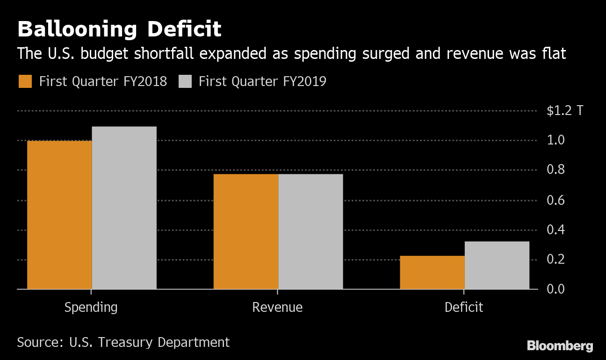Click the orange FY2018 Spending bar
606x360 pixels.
click(59, 215)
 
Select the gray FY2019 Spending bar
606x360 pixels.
click(124, 208)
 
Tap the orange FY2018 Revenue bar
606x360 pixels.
click(246, 231)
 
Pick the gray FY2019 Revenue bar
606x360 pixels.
click(310, 231)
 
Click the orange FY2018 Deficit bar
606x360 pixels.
click(432, 273)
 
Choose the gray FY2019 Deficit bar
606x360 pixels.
click(497, 265)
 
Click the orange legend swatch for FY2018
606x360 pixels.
click(25, 81)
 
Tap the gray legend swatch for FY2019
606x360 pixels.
click(186, 81)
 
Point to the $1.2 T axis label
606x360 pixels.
click(565, 111)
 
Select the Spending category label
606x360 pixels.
click(91, 308)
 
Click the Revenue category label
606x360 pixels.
click(277, 308)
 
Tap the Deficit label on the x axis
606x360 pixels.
click(464, 308)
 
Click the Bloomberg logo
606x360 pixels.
click(560, 346)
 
